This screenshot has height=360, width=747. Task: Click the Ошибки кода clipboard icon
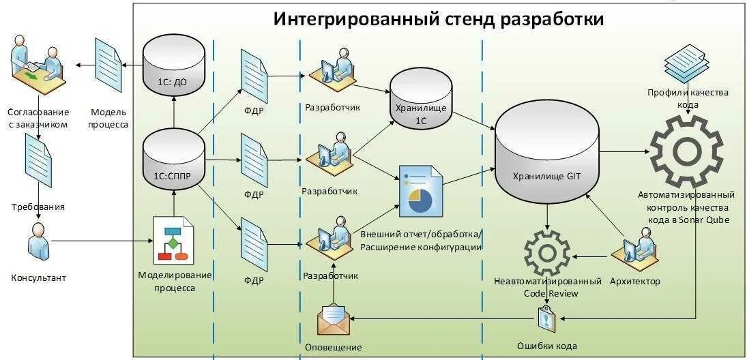(x=546, y=318)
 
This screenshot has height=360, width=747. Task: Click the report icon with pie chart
(x=421, y=192)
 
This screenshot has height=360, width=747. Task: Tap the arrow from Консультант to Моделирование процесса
(x=102, y=240)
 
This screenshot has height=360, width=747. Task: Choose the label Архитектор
(x=634, y=281)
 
